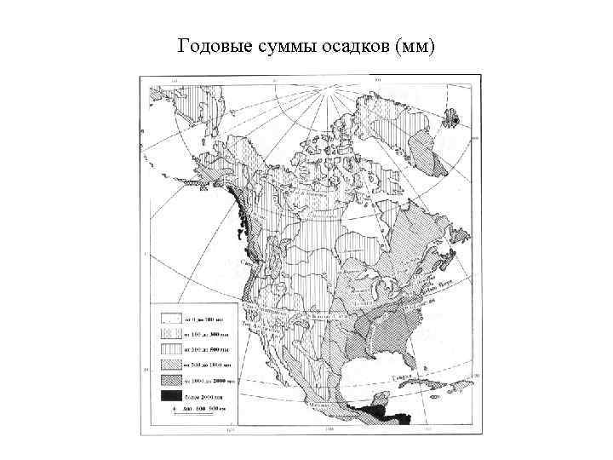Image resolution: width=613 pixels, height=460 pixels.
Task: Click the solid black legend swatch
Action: [170, 396]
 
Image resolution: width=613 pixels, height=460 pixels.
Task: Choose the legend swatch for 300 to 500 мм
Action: [170, 348]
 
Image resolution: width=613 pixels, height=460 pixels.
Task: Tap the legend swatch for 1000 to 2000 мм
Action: [170, 380]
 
